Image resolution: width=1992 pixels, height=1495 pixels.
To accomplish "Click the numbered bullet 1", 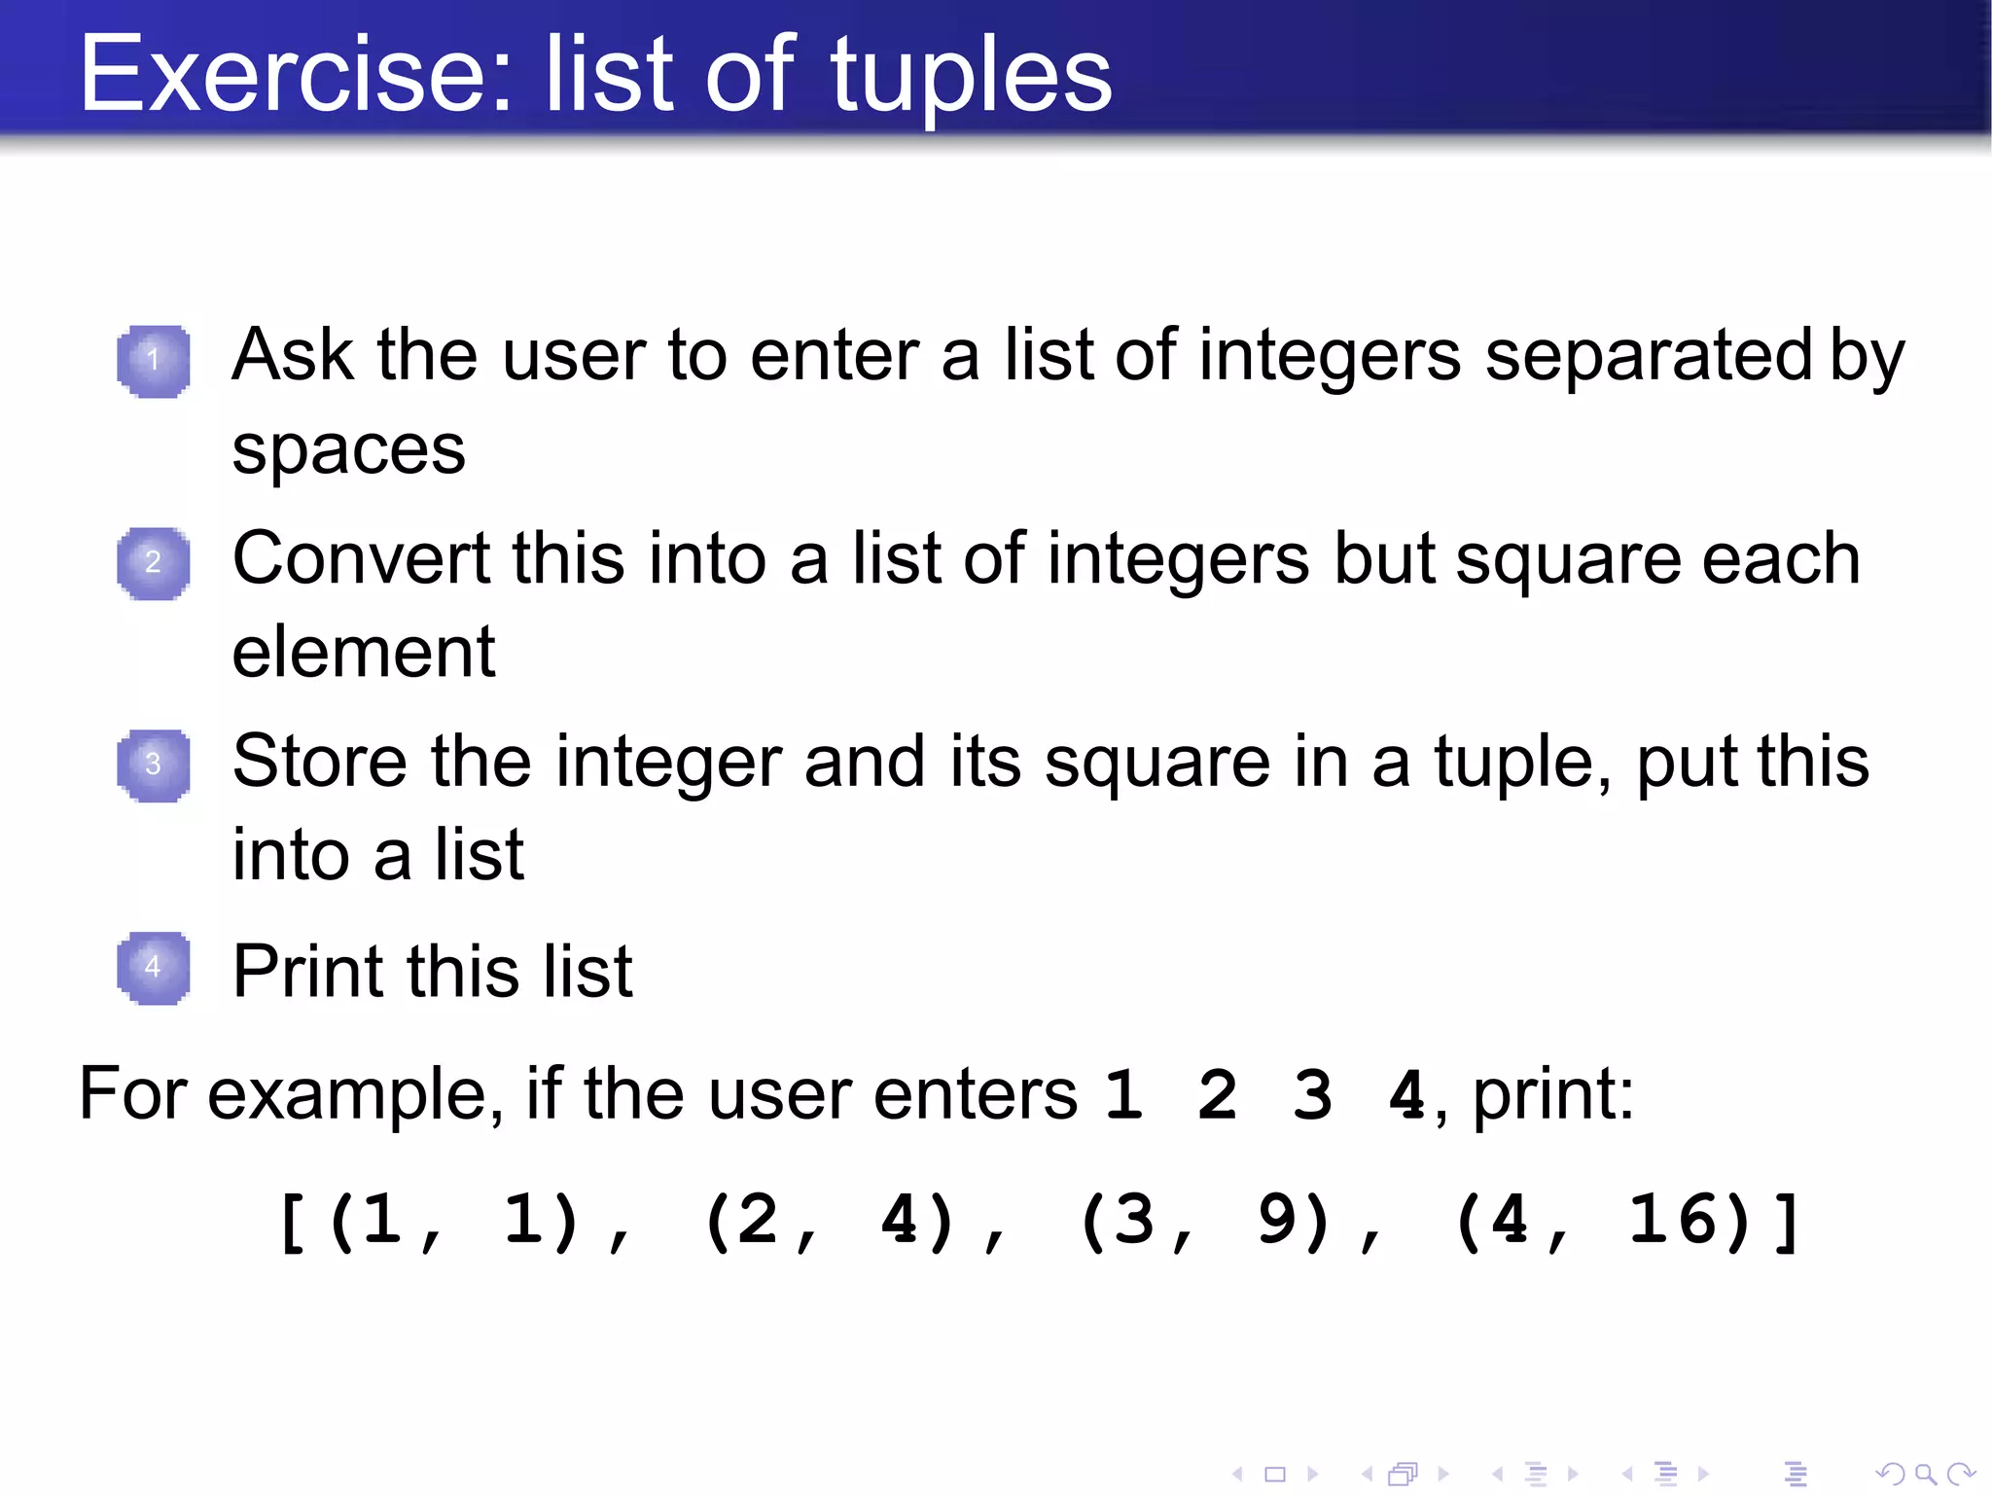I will pyautogui.click(x=153, y=361).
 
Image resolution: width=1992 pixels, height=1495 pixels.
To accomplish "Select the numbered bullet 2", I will pyautogui.click(x=153, y=563).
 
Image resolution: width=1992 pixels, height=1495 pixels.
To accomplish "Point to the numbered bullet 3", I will pyautogui.click(x=153, y=765).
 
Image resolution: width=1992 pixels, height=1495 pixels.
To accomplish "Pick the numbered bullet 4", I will pyautogui.click(x=153, y=968).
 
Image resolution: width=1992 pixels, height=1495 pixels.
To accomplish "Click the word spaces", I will pyautogui.click(x=348, y=452).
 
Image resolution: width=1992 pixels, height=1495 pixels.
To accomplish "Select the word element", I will pyautogui.click(x=363, y=652).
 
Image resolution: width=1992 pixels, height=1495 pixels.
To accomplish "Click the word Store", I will pyautogui.click(x=320, y=762).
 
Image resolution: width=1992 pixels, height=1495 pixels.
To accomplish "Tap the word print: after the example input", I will pyautogui.click(x=1553, y=1095).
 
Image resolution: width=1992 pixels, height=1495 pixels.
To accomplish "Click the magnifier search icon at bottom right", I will pyautogui.click(x=1925, y=1474).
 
